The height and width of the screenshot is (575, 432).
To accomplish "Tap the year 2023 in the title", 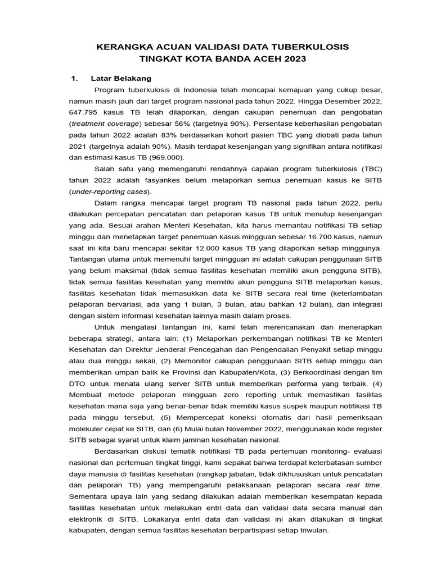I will (295, 58).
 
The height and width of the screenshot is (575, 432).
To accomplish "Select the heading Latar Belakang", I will (121, 78).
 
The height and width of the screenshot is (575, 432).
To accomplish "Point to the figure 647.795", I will (84, 113).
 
